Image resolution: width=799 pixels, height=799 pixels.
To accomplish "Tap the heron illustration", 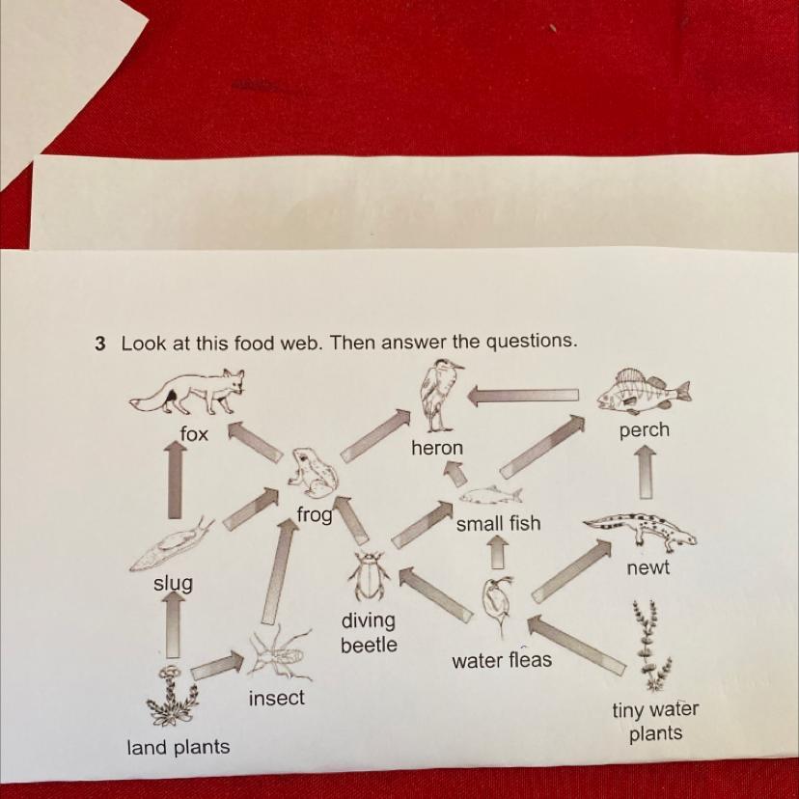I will (x=439, y=395).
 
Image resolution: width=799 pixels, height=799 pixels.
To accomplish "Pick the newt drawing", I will (x=641, y=530).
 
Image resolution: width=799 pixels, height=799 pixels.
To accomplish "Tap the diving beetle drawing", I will (x=370, y=577).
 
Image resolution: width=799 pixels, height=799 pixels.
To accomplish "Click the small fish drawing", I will (x=490, y=496).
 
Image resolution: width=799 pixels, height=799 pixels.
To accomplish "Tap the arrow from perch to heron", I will (x=523, y=395).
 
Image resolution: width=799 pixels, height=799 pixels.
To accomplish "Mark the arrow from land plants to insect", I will (x=217, y=666).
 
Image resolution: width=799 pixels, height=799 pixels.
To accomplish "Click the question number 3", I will (x=99, y=344).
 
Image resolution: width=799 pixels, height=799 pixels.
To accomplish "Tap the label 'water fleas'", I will (x=502, y=660).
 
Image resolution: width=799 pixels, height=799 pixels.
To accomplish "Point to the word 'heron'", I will (x=437, y=448).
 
